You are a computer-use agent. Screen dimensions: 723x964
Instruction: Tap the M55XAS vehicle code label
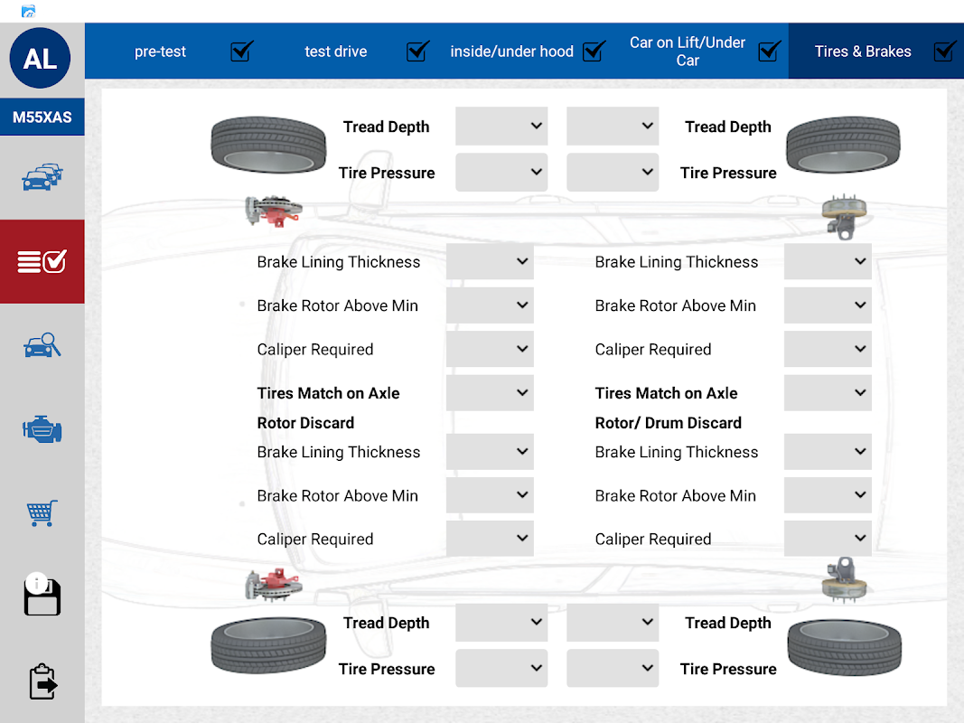tap(42, 117)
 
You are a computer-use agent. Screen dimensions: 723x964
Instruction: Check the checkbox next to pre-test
tap(241, 52)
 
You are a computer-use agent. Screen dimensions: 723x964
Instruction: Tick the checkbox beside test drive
tap(417, 52)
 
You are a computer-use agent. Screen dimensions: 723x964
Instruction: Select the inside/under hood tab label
tap(511, 52)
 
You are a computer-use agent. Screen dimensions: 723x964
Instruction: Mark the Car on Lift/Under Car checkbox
tap(769, 52)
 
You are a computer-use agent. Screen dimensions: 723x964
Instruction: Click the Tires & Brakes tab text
tap(863, 52)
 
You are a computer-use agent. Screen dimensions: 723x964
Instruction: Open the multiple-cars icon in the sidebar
tap(42, 177)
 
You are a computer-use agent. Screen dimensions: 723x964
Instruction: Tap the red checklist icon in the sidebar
tap(42, 262)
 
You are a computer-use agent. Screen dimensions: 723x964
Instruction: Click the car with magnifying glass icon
tap(42, 345)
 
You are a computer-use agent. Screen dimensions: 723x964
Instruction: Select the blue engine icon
tap(42, 429)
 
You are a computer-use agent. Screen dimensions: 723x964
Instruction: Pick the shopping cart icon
tap(42, 513)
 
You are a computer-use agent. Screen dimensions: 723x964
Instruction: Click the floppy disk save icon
tap(42, 598)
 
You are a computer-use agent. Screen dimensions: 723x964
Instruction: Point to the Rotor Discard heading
tap(305, 423)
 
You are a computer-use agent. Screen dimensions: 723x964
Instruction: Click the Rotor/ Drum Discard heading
tap(668, 423)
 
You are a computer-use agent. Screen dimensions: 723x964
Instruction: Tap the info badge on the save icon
tap(36, 583)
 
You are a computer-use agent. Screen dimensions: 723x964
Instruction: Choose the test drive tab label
tap(335, 52)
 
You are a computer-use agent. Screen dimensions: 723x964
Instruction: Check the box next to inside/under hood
tap(594, 52)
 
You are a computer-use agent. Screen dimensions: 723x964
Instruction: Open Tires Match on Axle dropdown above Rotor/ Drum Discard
tap(828, 393)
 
